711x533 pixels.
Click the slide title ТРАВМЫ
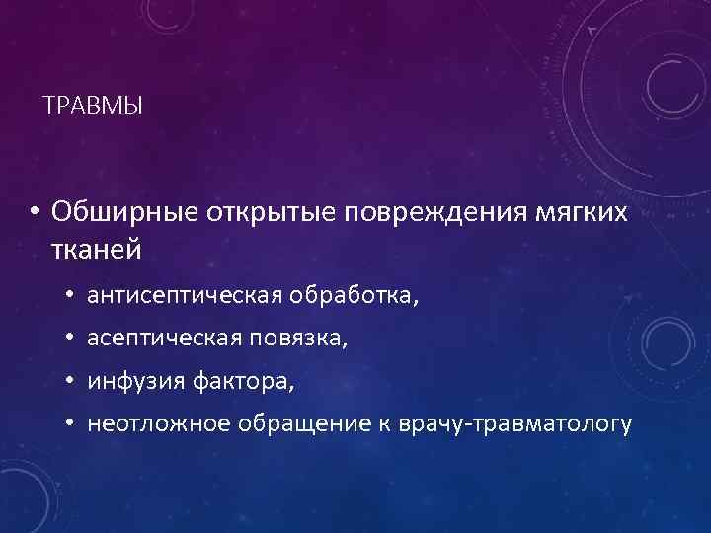94,104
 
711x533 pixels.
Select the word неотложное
153,424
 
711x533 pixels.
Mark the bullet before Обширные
34,213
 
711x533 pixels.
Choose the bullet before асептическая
72,340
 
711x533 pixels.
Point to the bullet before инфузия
72,382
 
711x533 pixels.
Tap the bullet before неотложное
72,425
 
